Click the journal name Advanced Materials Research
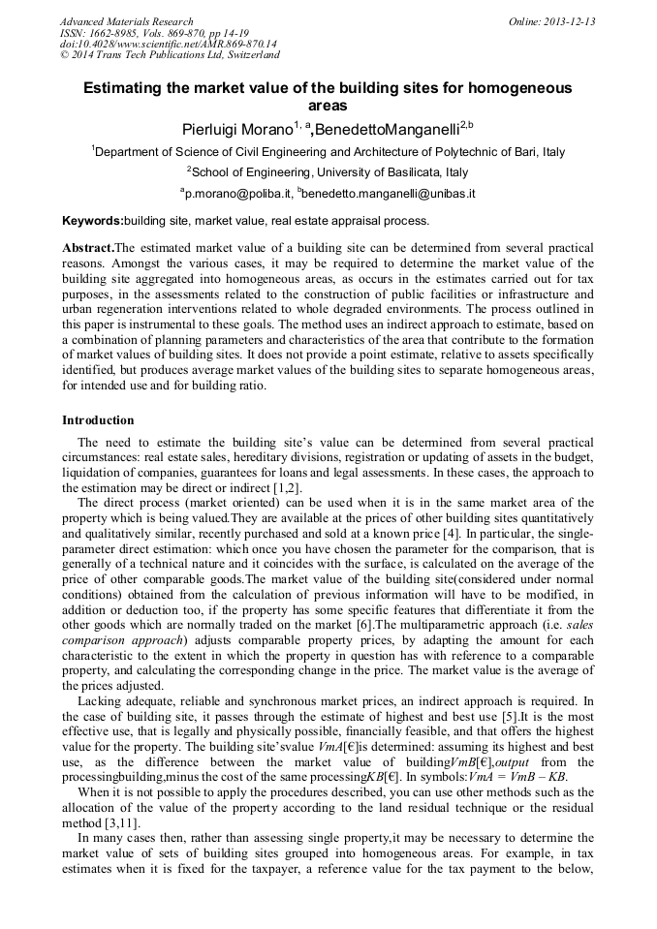point(126,21)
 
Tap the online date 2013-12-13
point(552,21)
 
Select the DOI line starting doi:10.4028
point(168,44)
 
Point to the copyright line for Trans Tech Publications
point(170,55)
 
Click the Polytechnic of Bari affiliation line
point(328,152)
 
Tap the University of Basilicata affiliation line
point(328,172)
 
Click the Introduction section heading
point(98,420)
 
